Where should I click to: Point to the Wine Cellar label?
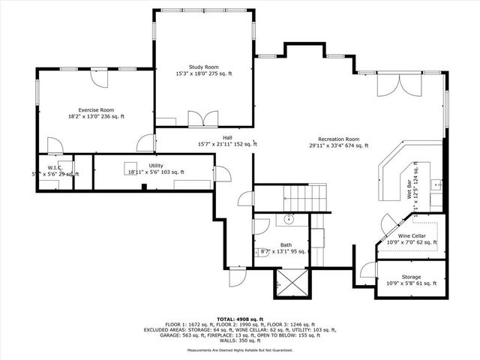(x=411, y=235)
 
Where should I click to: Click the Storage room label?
(x=411, y=276)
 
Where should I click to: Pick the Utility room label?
(x=156, y=165)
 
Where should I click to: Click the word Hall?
(x=227, y=137)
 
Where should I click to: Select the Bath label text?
(x=286, y=244)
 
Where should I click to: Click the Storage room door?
(x=367, y=271)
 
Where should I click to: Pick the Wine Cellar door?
(x=390, y=223)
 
